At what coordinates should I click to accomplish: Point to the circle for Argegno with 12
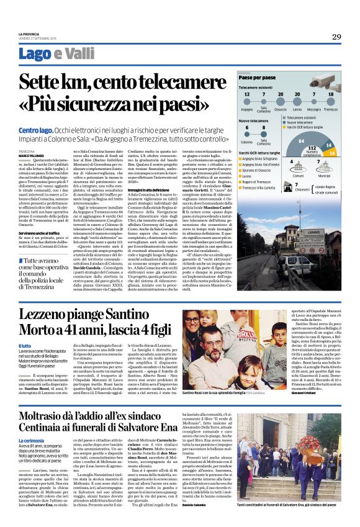pos(247,95)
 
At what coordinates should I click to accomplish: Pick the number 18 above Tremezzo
pos(330,94)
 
